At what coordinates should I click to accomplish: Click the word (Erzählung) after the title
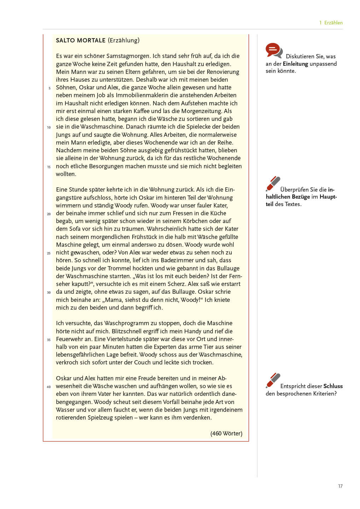tap(124, 40)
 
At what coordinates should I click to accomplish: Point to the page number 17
tap(340, 486)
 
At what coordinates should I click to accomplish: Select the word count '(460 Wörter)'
tap(226, 433)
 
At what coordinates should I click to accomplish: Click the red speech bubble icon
tap(273, 50)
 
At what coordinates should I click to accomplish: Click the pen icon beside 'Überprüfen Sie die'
tap(273, 184)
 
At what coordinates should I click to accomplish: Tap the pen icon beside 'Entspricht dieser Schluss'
tap(273, 380)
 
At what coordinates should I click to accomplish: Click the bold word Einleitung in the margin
tap(295, 64)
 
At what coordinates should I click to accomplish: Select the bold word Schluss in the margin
tap(333, 386)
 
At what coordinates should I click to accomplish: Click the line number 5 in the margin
tap(50, 88)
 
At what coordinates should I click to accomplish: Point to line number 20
tap(49, 214)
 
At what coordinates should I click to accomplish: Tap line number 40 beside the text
tap(49, 387)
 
